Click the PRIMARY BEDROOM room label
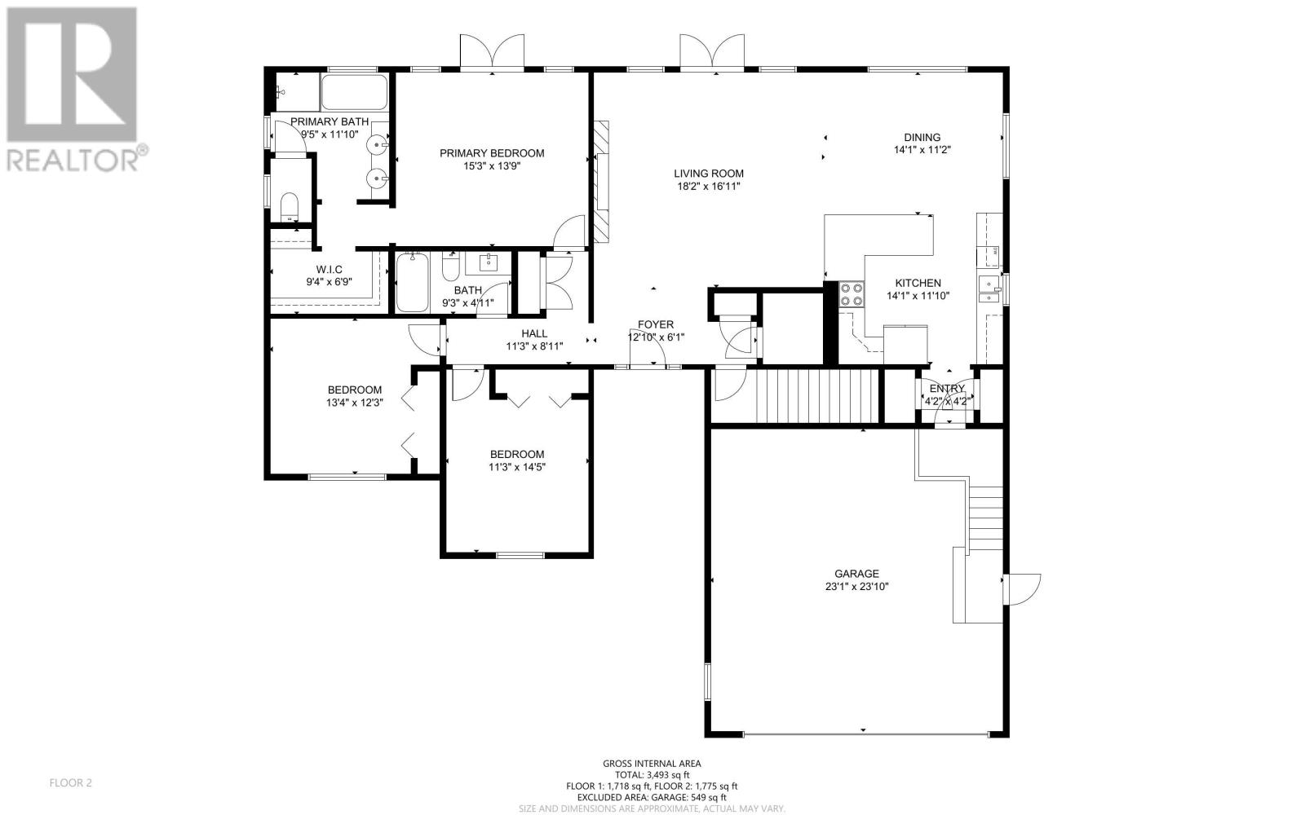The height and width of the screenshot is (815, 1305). tap(492, 153)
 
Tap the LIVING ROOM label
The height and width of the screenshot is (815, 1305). tap(709, 174)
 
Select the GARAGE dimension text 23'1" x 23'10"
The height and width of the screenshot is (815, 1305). tap(856, 586)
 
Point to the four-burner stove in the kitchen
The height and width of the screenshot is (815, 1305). tap(852, 294)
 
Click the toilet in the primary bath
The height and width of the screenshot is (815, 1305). tap(290, 207)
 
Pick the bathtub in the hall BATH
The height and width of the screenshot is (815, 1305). tap(413, 283)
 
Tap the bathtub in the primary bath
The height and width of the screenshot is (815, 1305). tap(354, 92)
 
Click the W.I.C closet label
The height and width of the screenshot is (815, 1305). tap(330, 270)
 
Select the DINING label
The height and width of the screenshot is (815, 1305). tap(922, 138)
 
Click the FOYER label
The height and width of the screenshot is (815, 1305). tap(656, 325)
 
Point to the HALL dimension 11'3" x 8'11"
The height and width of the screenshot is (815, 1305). tap(534, 346)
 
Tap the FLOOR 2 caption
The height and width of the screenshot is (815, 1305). tap(70, 783)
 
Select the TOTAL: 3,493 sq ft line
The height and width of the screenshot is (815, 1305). tap(652, 775)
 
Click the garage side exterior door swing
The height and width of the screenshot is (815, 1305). tap(1022, 589)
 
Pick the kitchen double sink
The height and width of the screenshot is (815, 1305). tap(989, 289)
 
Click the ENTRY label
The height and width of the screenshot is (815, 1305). tap(947, 388)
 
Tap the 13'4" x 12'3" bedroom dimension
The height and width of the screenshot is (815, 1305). tap(354, 403)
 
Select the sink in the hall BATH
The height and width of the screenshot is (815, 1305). tap(489, 263)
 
